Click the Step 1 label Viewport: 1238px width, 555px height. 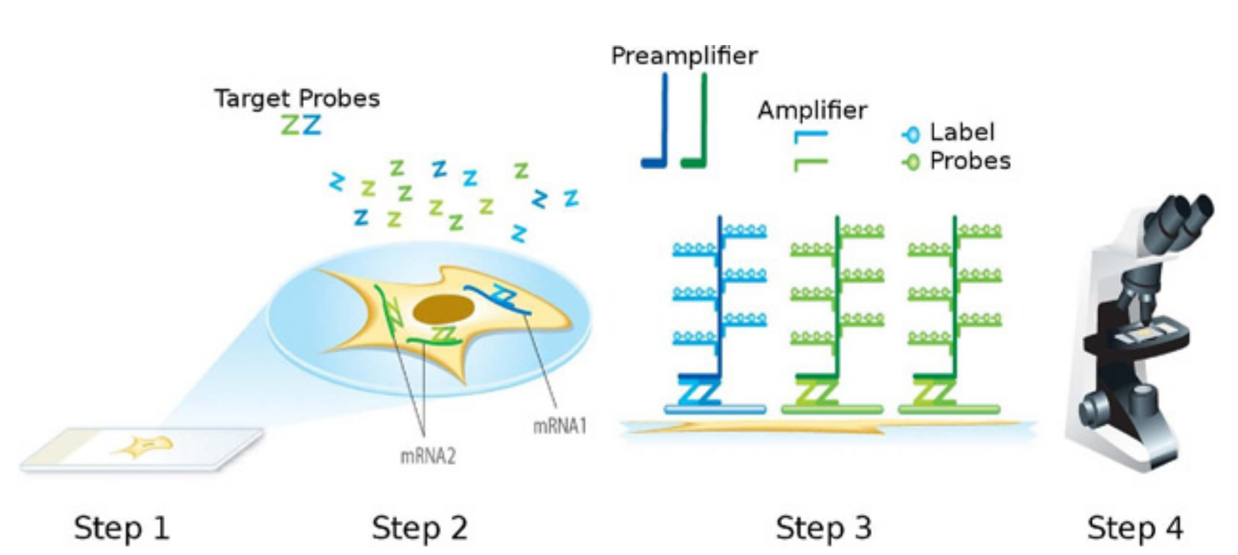(121, 528)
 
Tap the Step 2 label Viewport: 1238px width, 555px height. (419, 528)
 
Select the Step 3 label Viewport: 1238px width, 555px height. (823, 528)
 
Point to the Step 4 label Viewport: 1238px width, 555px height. (1135, 528)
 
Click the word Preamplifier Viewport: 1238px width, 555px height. (684, 55)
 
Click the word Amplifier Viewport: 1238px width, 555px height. (812, 110)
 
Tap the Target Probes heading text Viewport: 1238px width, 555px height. (297, 98)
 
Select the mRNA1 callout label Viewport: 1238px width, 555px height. (560, 425)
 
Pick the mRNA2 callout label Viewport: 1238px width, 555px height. (428, 456)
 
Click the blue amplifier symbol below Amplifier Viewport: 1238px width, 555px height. (810, 136)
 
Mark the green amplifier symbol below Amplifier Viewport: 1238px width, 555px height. (810, 164)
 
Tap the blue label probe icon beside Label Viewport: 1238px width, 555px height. (911, 134)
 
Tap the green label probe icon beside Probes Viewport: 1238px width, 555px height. (911, 162)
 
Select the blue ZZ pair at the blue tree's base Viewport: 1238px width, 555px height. (698, 394)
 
